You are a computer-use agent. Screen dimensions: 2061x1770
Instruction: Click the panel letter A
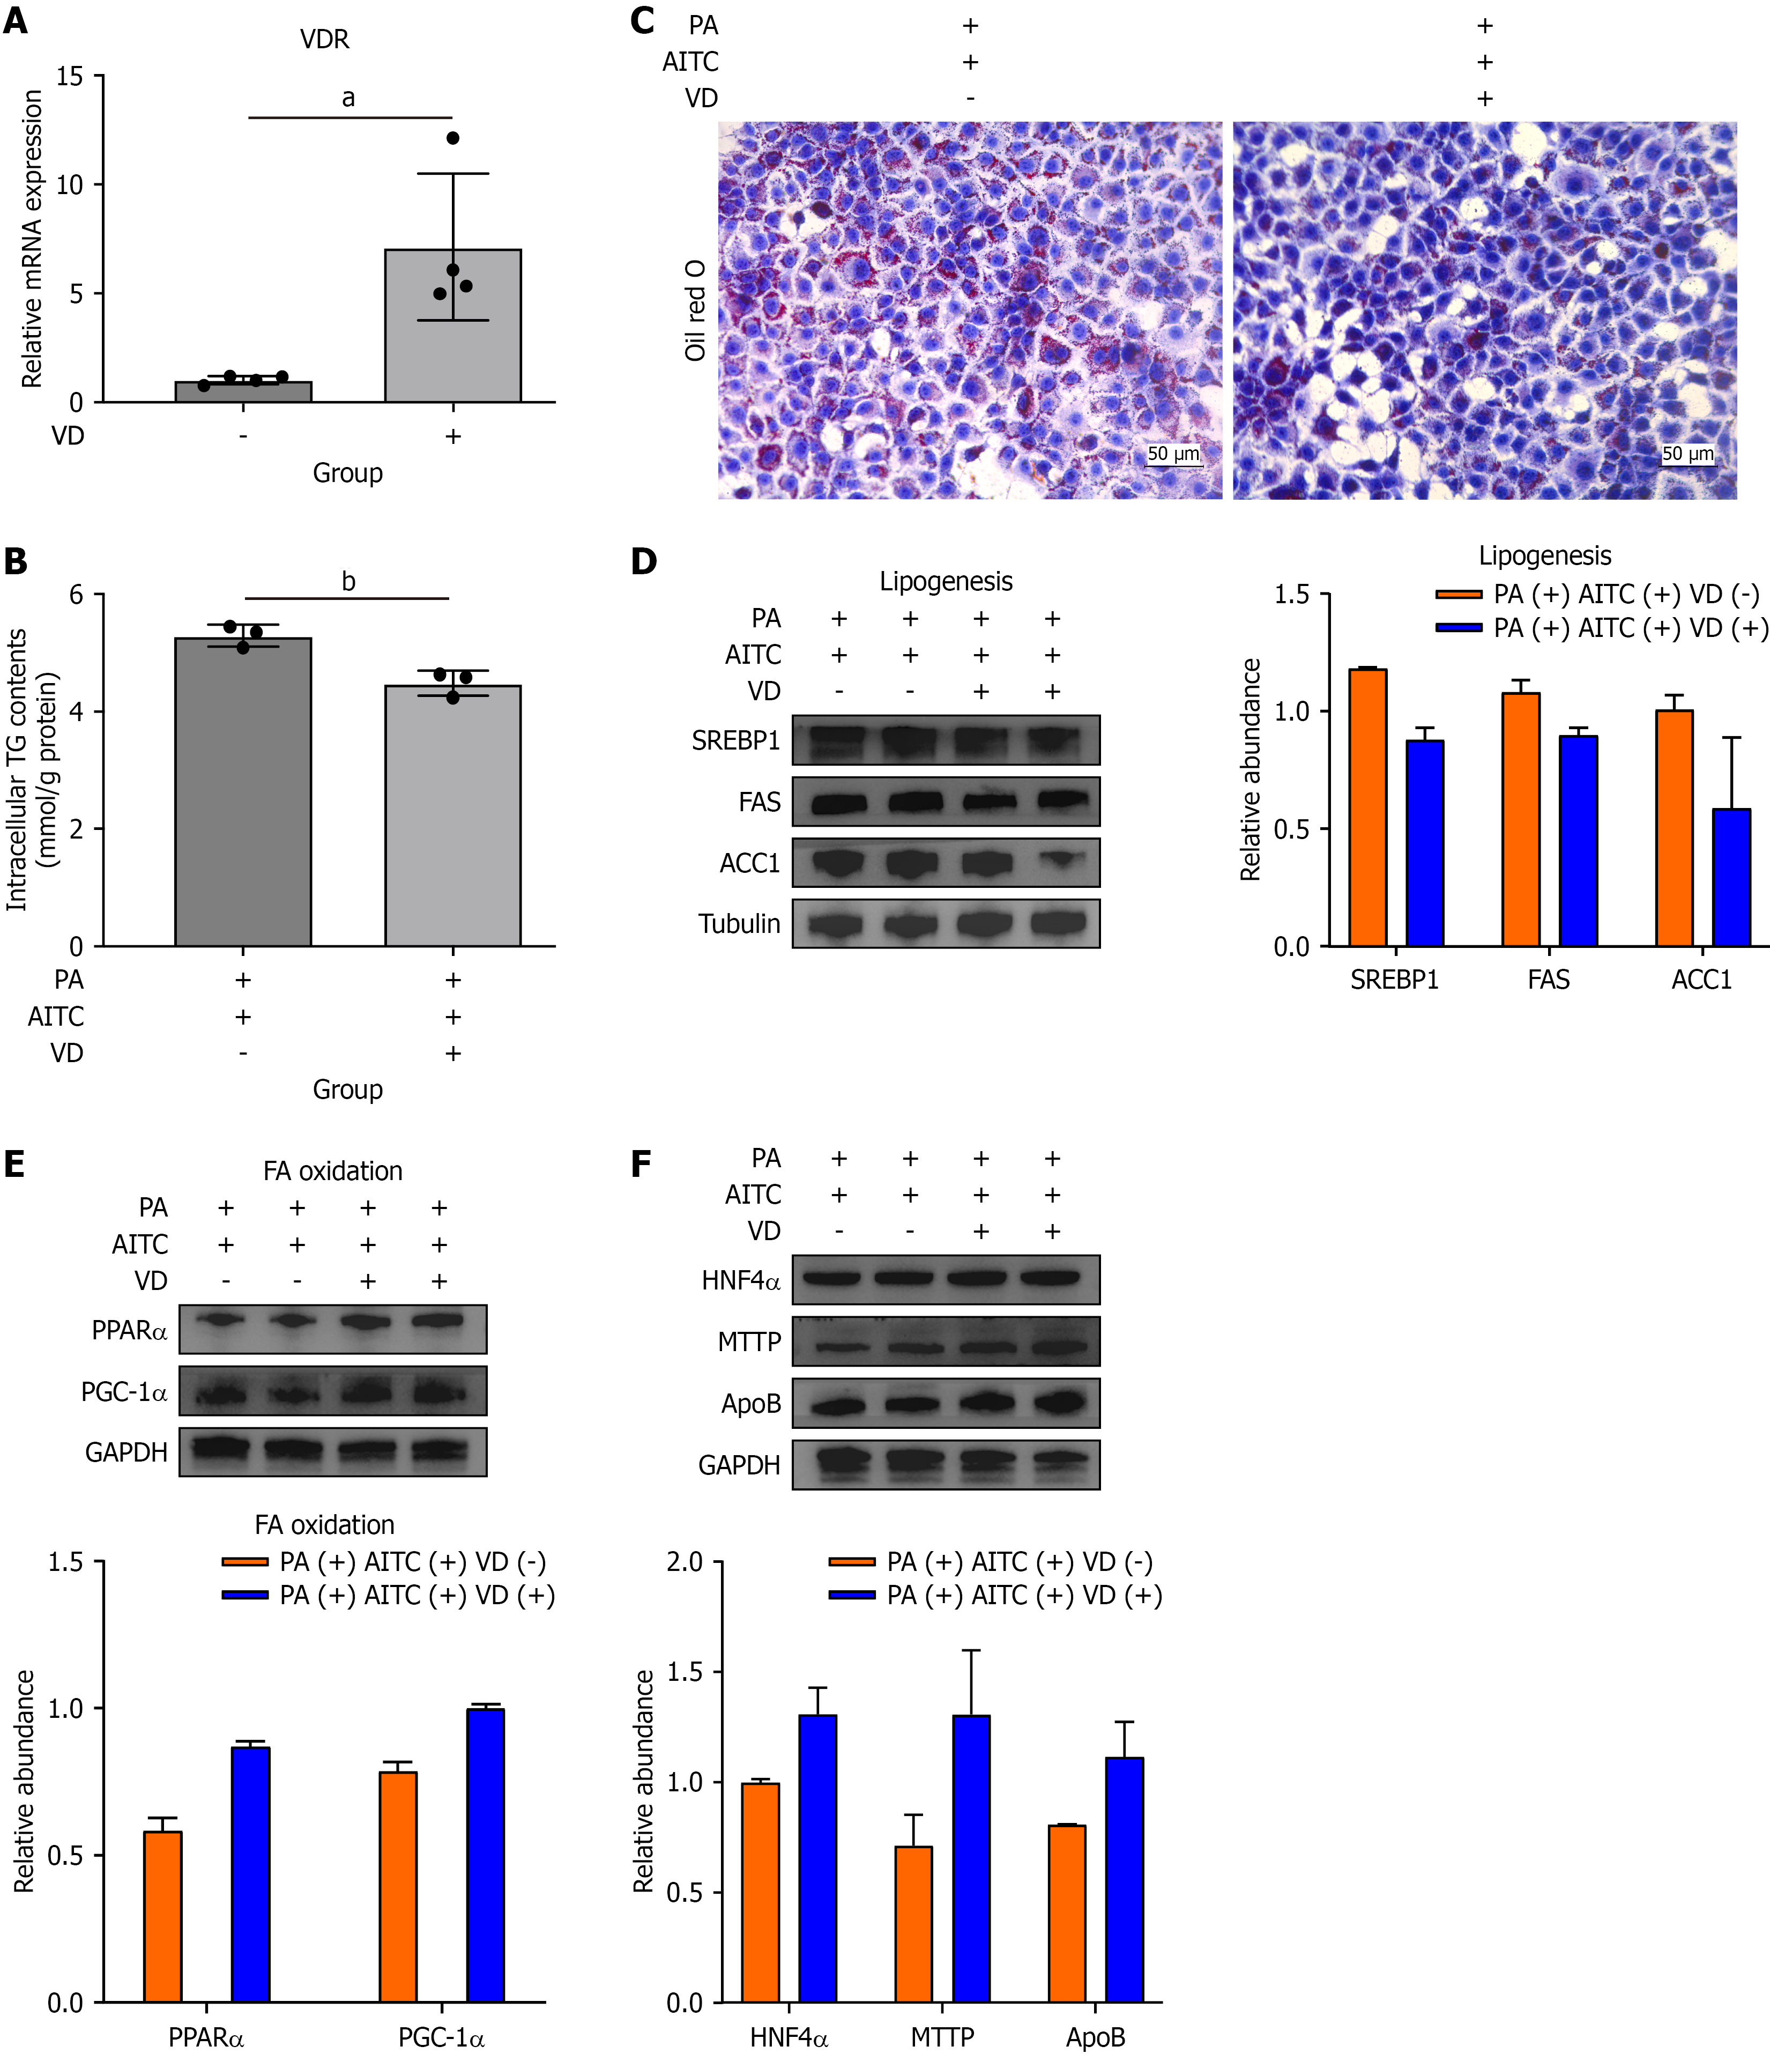[16, 20]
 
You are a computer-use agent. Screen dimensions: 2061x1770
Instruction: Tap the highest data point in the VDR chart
[452, 138]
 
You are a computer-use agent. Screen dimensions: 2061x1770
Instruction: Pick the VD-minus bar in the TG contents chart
[243, 791]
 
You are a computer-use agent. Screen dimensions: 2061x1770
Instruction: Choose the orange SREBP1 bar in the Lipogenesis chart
[1367, 807]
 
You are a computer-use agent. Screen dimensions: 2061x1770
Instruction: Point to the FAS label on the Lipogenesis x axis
[1548, 980]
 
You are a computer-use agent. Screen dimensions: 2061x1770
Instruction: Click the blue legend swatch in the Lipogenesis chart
[1459, 628]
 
